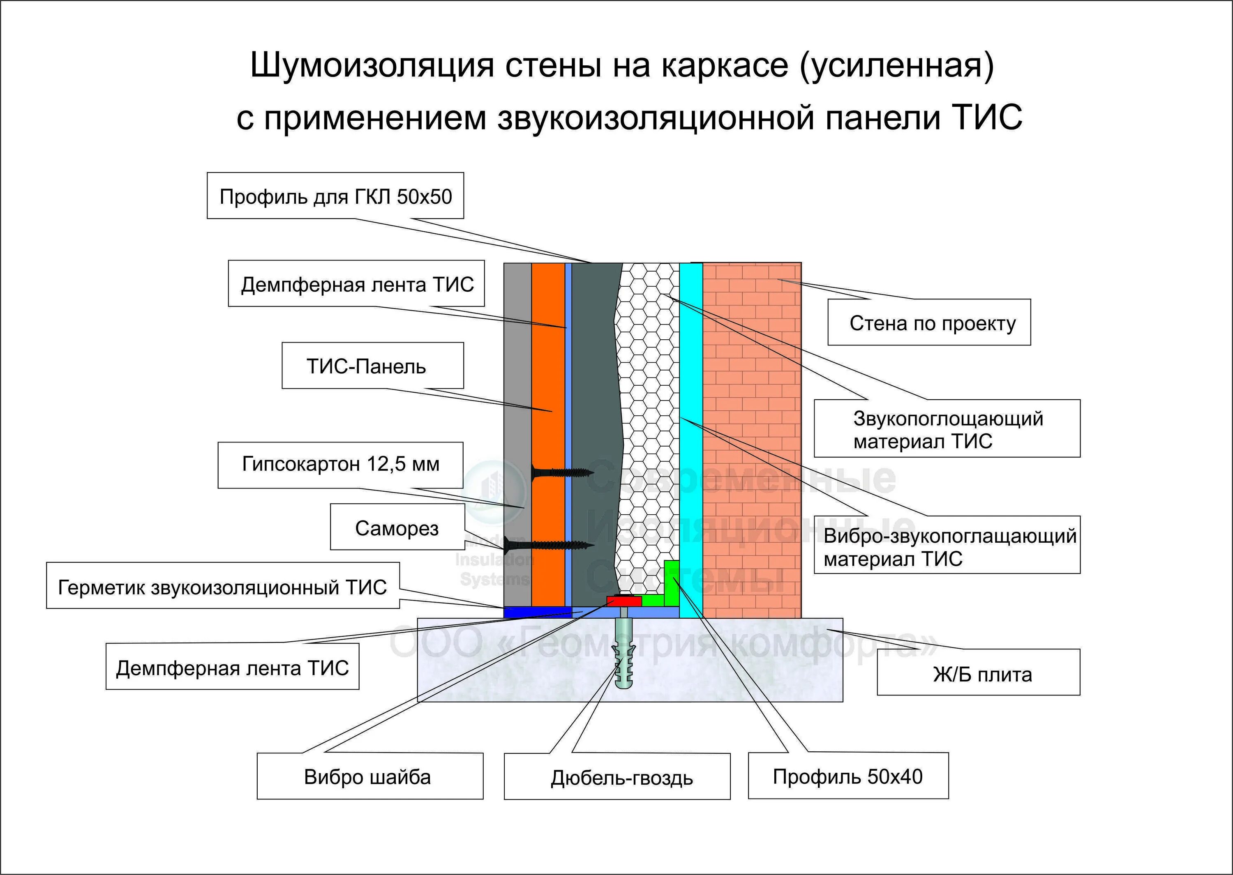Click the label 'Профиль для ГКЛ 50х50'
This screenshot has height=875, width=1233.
tap(335, 196)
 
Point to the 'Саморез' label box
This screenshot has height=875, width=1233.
tap(397, 527)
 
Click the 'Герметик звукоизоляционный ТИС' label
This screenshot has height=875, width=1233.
tap(223, 587)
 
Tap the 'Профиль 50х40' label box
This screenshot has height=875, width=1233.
tap(847, 776)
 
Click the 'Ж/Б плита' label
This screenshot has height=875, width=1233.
tap(978, 673)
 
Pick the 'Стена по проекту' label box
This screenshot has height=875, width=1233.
tap(929, 323)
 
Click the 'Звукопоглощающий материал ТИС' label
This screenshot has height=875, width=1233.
tap(947, 429)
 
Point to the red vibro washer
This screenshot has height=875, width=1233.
tap(624, 600)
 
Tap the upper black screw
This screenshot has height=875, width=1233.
tap(561, 473)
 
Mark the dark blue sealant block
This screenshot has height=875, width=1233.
tap(537, 612)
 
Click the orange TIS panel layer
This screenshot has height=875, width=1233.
tap(547, 377)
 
